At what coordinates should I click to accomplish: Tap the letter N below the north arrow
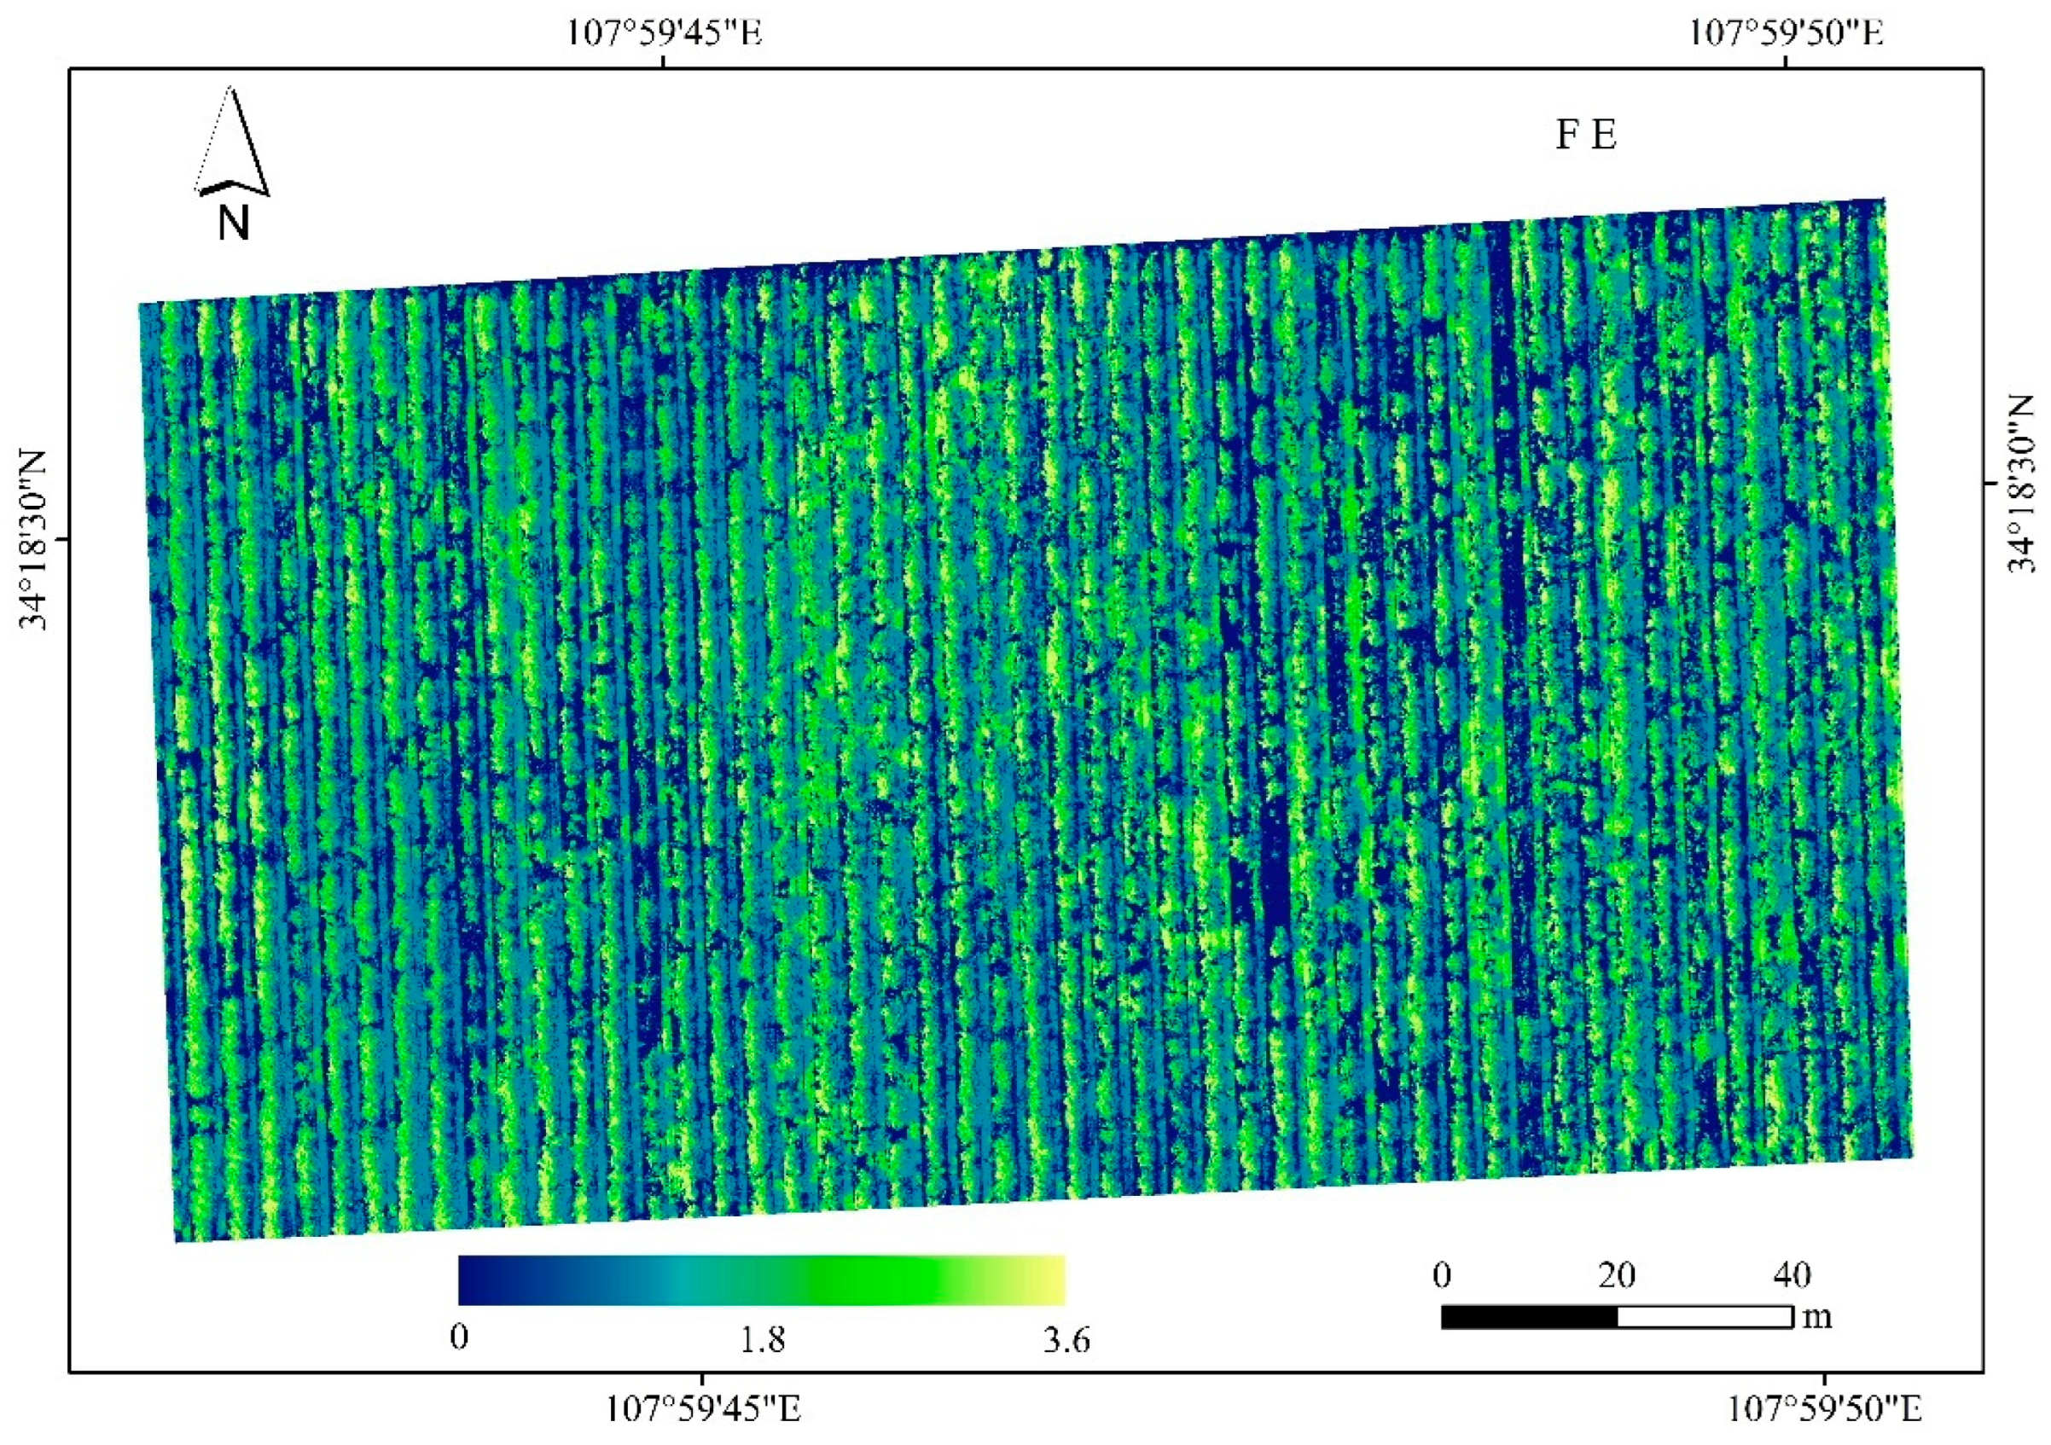[233, 223]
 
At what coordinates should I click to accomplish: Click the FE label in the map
[1587, 135]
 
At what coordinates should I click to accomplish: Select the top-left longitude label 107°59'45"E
[665, 33]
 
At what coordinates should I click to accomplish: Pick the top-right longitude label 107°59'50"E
[1786, 33]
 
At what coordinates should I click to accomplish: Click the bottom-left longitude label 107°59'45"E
[703, 1410]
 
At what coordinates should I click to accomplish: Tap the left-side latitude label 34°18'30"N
[34, 538]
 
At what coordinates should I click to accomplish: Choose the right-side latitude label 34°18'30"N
[2021, 483]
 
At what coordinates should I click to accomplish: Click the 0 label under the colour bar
[459, 1338]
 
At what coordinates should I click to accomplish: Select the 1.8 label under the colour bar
[762, 1339]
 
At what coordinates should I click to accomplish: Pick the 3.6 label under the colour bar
[1066, 1339]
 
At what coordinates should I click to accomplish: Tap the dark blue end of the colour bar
[474, 1280]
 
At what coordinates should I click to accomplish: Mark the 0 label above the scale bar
[1442, 1275]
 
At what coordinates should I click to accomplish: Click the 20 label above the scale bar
[1617, 1275]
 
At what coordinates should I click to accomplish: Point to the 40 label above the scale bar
[1792, 1275]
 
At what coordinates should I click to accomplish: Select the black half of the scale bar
[1530, 1317]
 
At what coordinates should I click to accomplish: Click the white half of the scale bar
[1705, 1317]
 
